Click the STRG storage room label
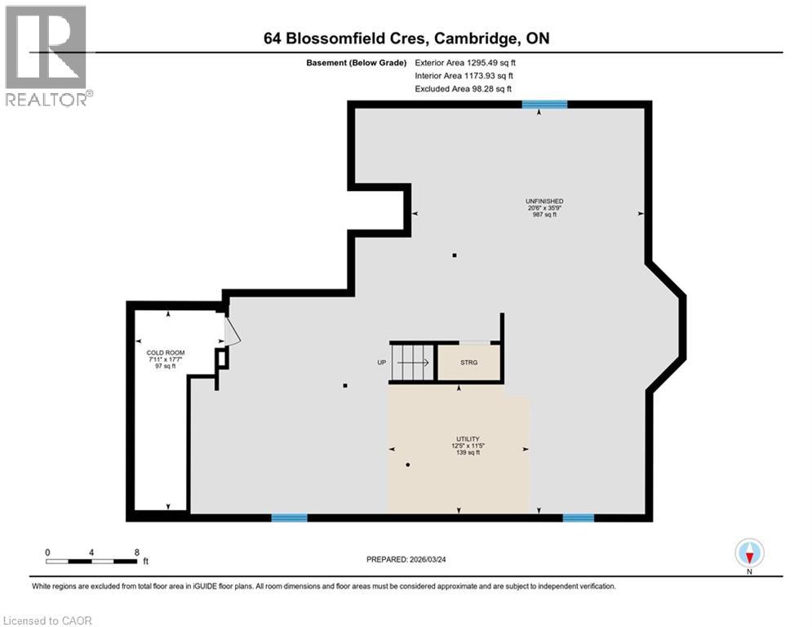point(468,362)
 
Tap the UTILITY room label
point(468,438)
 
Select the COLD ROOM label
point(155,354)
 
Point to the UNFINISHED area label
point(544,201)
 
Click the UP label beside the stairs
point(380,362)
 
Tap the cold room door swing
point(232,332)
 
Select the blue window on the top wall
point(544,104)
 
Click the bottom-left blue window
point(289,517)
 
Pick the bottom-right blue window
point(578,517)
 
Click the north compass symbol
point(749,553)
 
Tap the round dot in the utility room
point(407,465)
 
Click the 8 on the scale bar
point(135,553)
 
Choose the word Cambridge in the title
point(473,38)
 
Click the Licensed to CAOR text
point(48,620)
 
